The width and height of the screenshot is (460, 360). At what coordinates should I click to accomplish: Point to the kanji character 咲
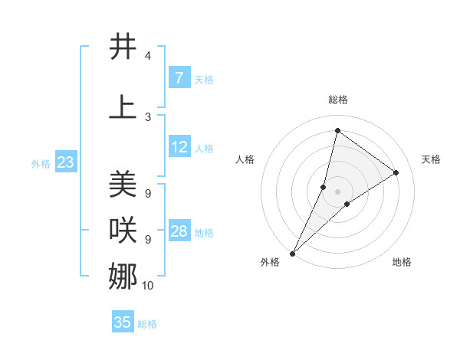point(123,229)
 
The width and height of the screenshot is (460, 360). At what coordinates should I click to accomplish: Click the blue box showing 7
point(179,78)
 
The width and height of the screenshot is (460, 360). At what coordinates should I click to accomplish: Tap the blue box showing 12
point(179,147)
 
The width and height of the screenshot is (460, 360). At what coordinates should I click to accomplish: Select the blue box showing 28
point(179,231)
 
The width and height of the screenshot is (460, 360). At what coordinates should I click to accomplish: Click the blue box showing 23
point(65,162)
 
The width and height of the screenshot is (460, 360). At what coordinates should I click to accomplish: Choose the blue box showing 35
point(123,322)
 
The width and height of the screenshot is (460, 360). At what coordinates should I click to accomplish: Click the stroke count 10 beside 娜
point(148,286)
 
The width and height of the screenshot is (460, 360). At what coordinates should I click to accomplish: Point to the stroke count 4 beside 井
point(147,56)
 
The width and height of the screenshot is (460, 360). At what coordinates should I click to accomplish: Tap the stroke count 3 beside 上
point(147,116)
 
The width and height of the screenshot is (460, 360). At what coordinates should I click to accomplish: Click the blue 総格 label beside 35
point(147,324)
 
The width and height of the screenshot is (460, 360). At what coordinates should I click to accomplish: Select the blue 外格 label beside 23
point(40,163)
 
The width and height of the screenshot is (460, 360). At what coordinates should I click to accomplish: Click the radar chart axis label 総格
point(337,100)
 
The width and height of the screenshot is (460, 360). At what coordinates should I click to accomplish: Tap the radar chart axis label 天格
point(431,159)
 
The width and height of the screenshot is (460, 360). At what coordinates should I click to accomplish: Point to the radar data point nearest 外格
point(292,253)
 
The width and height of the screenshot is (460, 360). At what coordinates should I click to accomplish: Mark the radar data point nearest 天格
point(396,172)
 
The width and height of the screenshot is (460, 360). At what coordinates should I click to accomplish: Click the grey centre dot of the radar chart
point(337,191)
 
